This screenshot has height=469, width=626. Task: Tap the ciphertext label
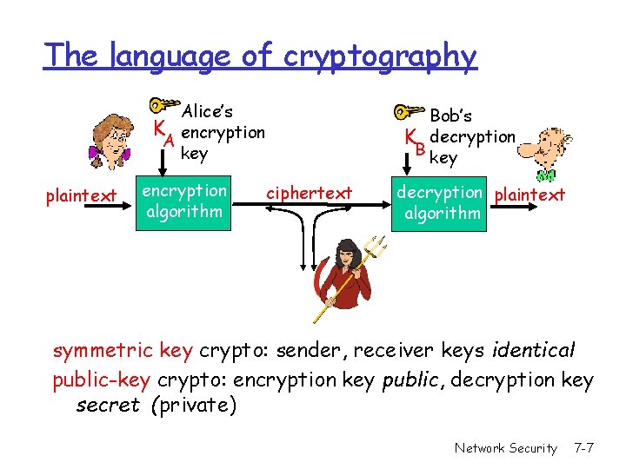(309, 193)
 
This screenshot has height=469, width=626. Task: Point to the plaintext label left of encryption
(81, 196)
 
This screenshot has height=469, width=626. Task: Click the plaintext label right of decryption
(529, 195)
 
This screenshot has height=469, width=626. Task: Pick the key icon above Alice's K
(162, 106)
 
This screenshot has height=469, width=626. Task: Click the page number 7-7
(583, 448)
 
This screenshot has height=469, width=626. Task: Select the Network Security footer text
(505, 448)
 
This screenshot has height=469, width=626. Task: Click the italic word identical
(533, 351)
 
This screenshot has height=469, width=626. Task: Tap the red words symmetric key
(123, 351)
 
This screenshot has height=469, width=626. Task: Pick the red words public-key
(103, 380)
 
